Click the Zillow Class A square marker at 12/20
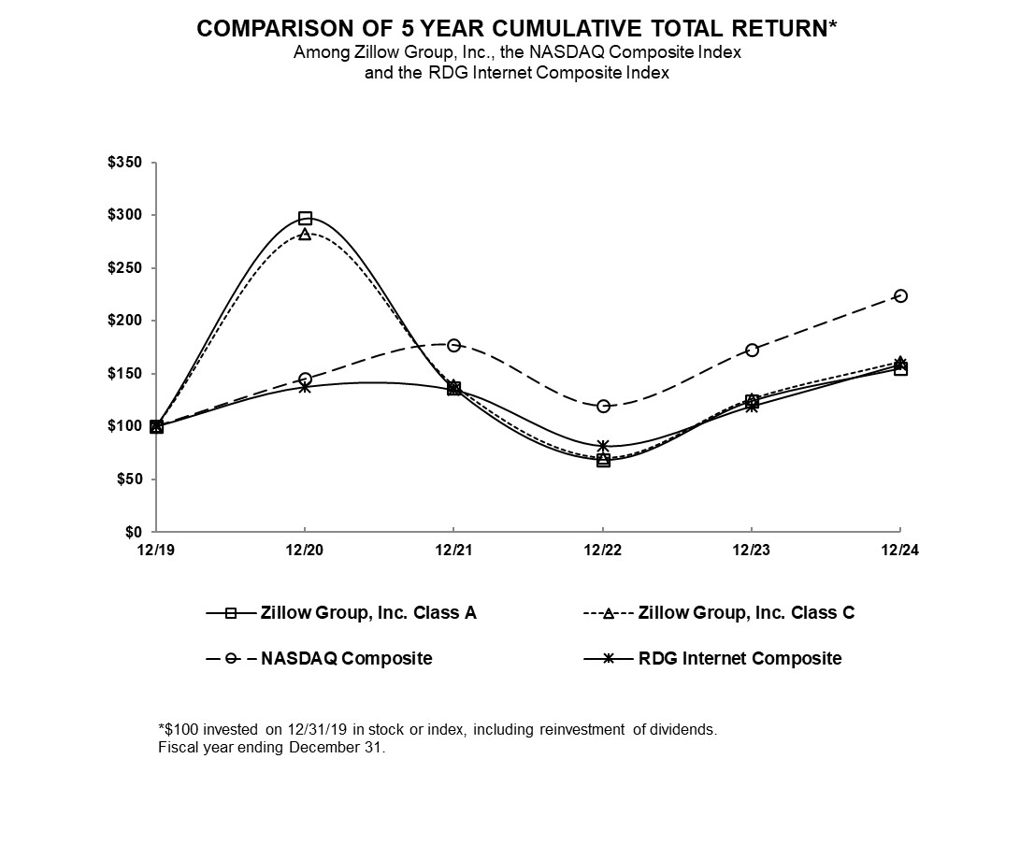point(305,218)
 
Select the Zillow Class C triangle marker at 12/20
point(305,234)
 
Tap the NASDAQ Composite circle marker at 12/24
point(900,295)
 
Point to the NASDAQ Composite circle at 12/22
point(603,406)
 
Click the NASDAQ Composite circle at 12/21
point(453,345)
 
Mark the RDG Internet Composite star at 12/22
point(603,446)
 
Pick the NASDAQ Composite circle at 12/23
point(752,350)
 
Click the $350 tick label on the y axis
point(125,163)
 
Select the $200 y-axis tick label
point(125,321)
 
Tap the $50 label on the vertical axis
point(129,480)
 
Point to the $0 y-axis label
point(133,532)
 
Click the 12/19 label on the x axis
point(155,550)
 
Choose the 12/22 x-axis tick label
point(603,550)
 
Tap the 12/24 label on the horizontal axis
point(900,550)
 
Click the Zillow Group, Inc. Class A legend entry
point(366,613)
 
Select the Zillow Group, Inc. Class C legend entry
point(746,613)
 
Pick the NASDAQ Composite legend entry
point(346,658)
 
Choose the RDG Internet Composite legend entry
point(740,658)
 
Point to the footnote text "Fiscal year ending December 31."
point(272,748)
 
